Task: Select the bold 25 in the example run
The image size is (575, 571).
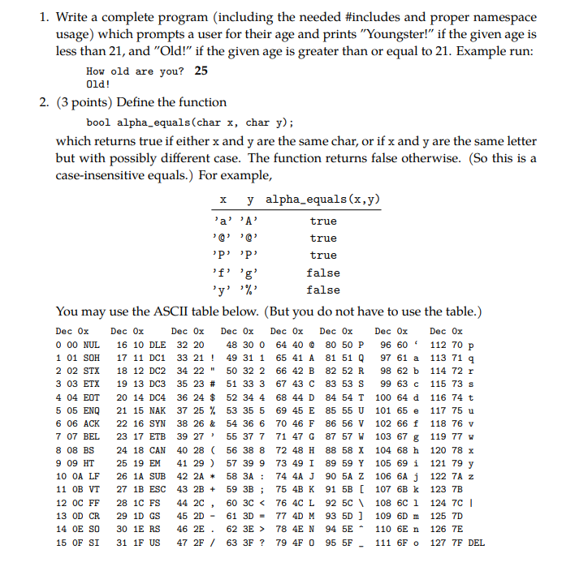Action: coord(201,71)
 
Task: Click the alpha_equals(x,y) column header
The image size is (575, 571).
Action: coord(323,200)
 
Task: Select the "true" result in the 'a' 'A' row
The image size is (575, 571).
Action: coord(323,221)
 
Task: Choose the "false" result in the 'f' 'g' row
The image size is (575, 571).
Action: coord(323,273)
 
